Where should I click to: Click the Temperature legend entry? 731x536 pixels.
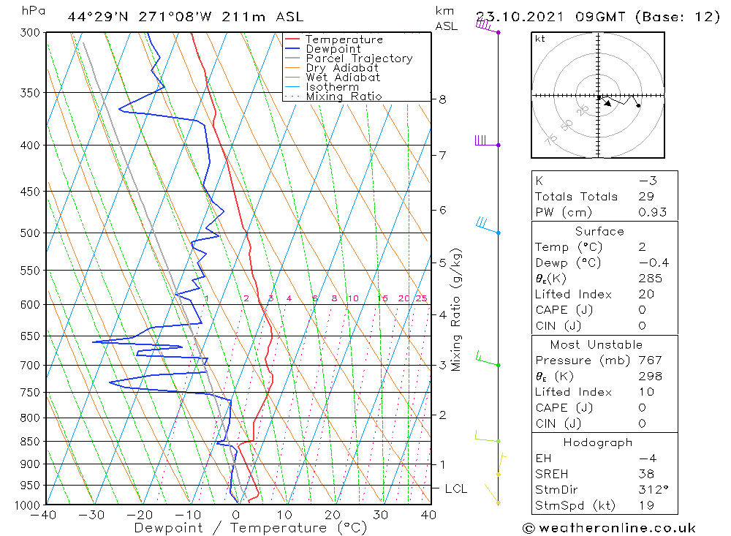pos(344,39)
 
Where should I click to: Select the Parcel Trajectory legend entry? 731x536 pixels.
pos(359,58)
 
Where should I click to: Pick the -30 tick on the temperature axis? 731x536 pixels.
pos(92,515)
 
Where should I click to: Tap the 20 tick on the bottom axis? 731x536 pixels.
pos(333,515)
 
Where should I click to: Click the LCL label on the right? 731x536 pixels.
pos(455,488)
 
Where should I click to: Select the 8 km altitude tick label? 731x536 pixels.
pos(443,99)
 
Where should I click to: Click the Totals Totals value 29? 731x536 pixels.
pos(646,197)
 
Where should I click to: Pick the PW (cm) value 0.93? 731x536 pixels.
pos(652,213)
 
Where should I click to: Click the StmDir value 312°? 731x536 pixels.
pos(652,490)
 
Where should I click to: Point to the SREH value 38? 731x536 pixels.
pos(646,474)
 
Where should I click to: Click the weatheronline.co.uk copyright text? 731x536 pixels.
pos(609,528)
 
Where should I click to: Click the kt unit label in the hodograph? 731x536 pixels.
pos(540,39)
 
